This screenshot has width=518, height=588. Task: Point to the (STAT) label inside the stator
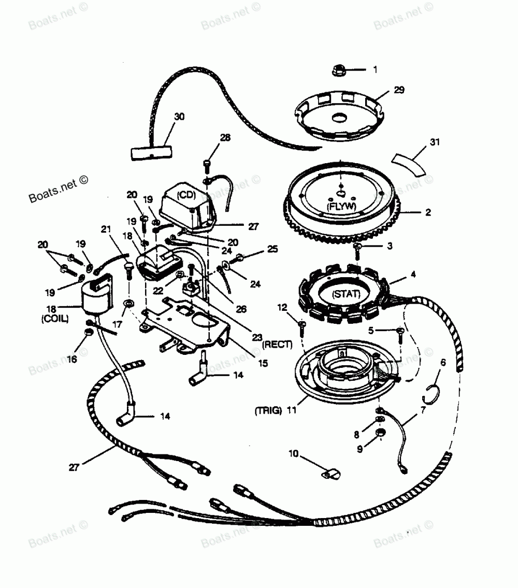[x=343, y=295]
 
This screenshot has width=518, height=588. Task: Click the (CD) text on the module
[x=185, y=195]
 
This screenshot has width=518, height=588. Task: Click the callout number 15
[x=263, y=364]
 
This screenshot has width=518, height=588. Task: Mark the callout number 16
[x=73, y=359]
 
